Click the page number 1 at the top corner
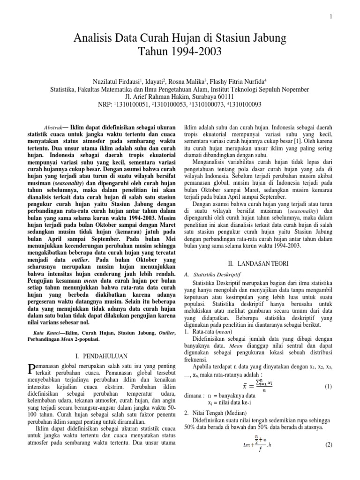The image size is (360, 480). point(331,17)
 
